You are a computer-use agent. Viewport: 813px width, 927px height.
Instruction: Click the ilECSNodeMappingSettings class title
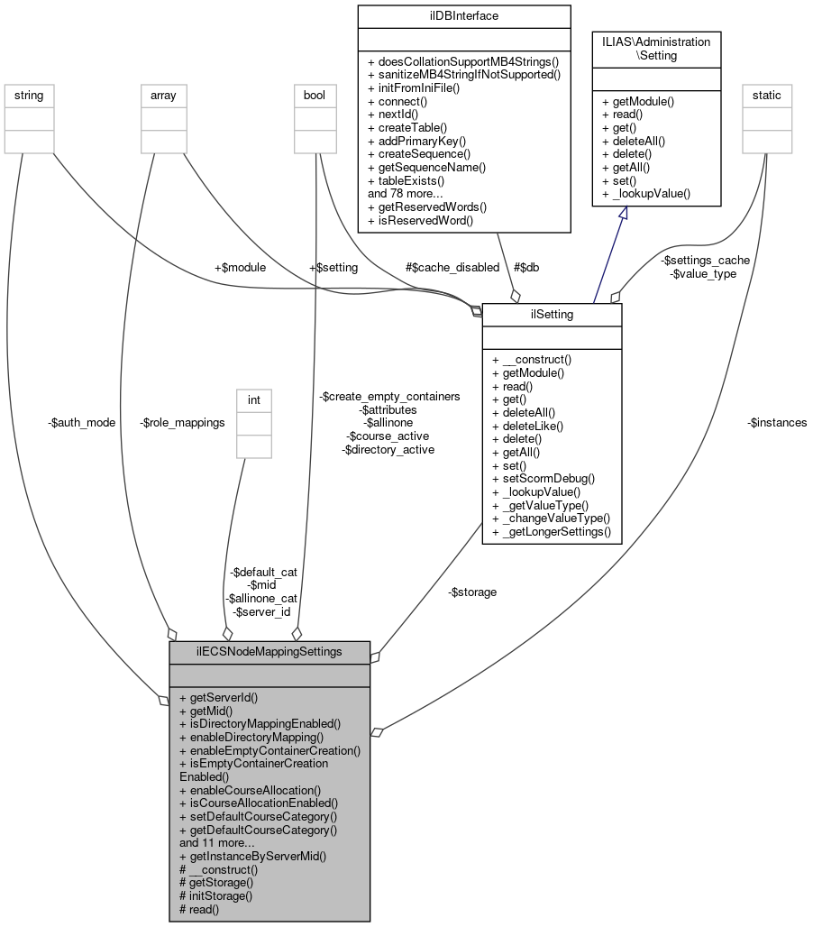pos(269,652)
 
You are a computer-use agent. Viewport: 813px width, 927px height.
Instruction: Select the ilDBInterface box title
pos(463,16)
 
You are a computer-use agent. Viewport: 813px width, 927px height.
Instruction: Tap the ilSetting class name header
pos(552,315)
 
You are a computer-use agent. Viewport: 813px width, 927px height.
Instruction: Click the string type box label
pos(29,95)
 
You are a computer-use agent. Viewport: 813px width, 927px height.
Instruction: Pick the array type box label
pos(163,95)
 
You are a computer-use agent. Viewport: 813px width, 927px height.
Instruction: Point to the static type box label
pos(766,95)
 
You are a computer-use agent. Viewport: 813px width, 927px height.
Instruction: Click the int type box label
pos(253,399)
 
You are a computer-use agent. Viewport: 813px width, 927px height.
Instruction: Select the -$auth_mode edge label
pos(83,422)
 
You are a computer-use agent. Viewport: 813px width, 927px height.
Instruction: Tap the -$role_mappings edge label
pos(183,422)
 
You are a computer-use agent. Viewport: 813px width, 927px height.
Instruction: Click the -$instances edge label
pos(777,422)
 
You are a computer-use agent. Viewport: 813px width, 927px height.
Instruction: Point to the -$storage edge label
pos(472,592)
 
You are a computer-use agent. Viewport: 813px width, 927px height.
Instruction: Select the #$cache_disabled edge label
pos(452,267)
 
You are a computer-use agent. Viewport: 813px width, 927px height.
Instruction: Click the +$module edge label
pos(240,267)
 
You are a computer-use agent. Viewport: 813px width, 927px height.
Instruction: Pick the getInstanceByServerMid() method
pos(252,856)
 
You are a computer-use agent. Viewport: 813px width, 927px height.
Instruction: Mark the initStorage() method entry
pos(216,895)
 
